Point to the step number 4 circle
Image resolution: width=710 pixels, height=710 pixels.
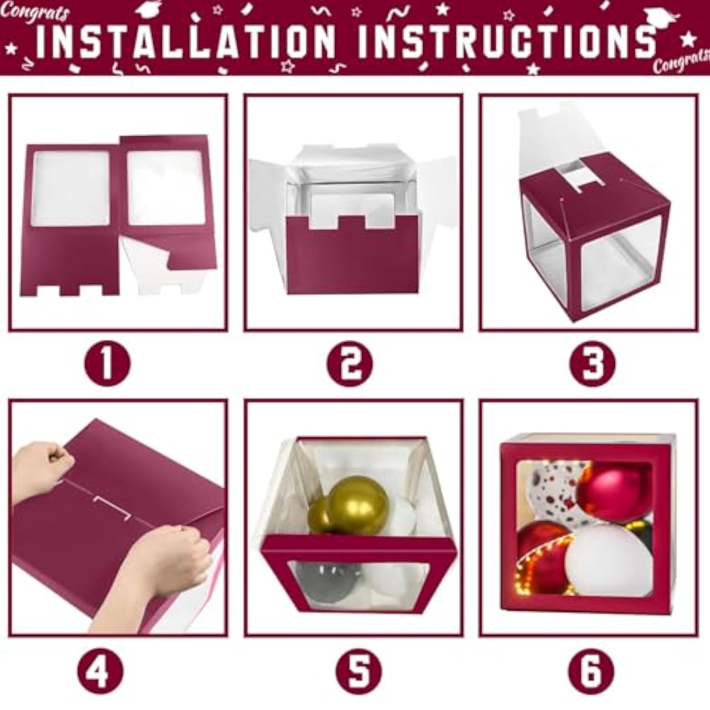100,671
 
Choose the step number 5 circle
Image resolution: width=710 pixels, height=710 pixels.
358,671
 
